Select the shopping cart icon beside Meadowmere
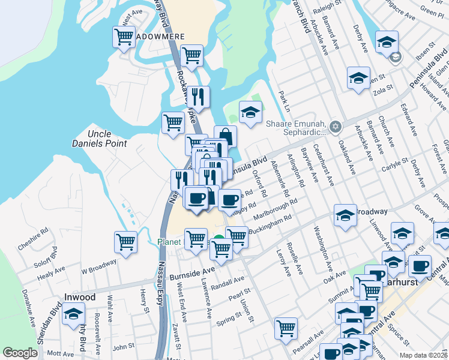click(124, 37)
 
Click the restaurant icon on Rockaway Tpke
click(197, 96)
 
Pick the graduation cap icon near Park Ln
click(250, 111)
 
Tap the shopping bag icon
click(225, 136)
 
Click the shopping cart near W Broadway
click(125, 242)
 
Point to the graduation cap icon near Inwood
click(74, 314)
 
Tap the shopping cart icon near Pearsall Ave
click(286, 328)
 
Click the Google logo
click(20, 353)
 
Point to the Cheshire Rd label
click(32, 238)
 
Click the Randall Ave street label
click(229, 281)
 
